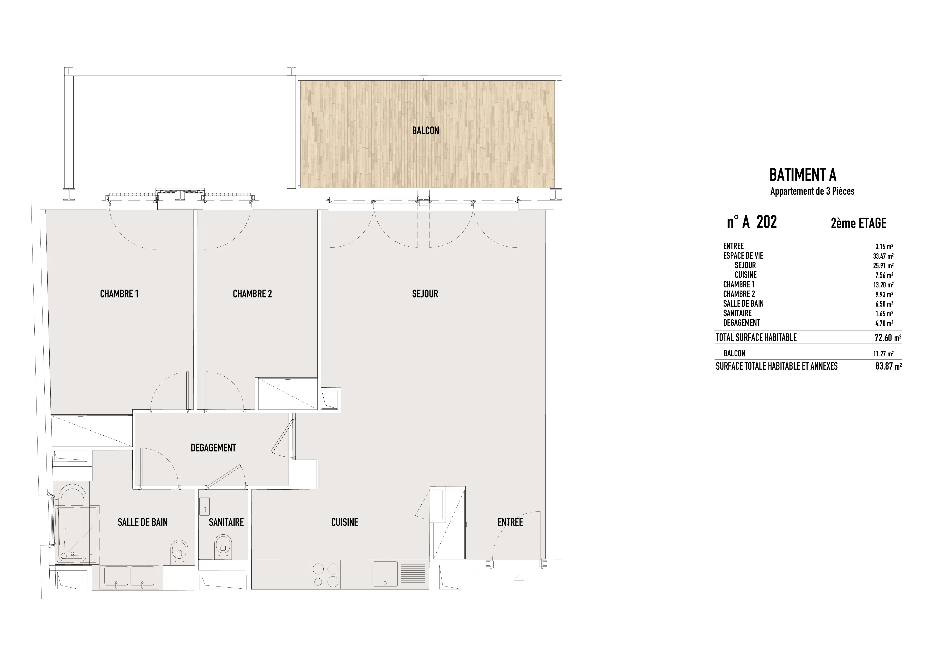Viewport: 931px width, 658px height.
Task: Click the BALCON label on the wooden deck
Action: click(425, 130)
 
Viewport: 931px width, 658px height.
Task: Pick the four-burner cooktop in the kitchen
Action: click(326, 574)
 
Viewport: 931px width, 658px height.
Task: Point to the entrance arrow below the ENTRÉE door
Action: click(519, 578)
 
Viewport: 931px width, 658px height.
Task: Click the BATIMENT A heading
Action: click(803, 175)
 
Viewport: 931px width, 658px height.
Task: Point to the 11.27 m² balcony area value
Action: click(883, 353)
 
